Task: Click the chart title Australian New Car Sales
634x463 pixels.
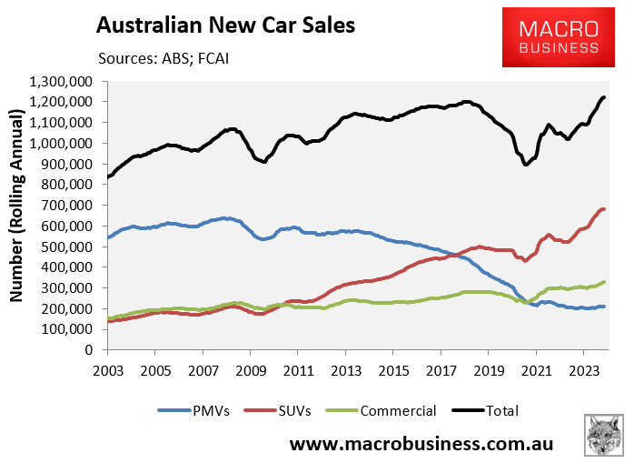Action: pos(224,25)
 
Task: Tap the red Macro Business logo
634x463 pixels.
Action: pos(558,36)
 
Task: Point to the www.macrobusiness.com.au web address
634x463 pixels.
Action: pos(421,445)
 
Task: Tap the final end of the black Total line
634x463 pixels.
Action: pos(604,97)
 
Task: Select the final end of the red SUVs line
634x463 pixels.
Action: pos(604,209)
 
